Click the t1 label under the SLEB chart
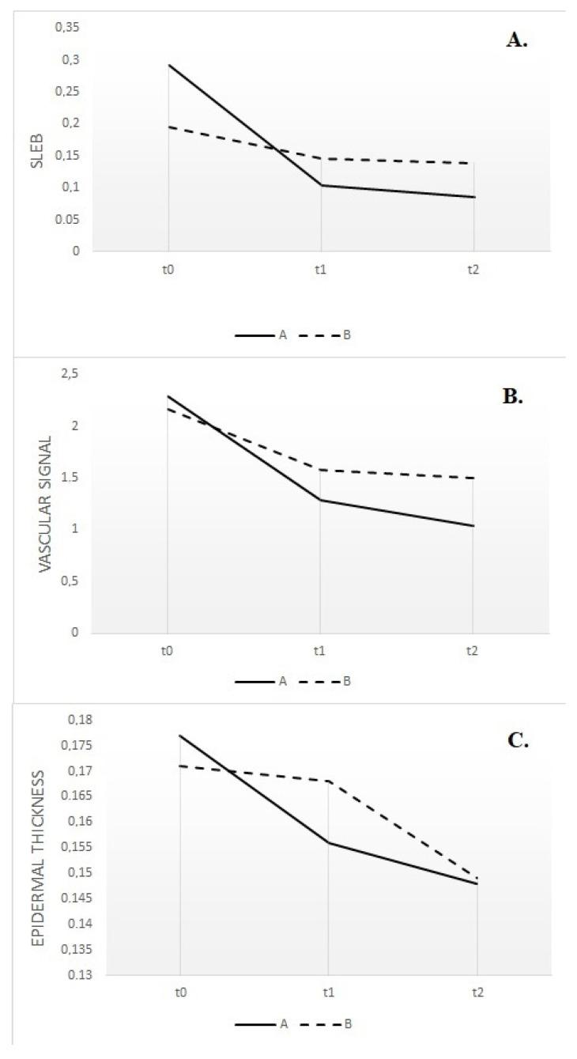(320, 269)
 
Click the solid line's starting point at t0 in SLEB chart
(168, 65)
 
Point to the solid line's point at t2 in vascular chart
(473, 526)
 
